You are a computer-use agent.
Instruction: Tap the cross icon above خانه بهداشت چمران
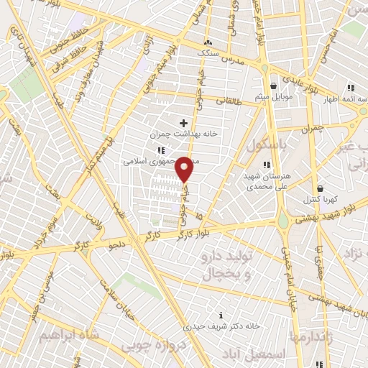point(183,123)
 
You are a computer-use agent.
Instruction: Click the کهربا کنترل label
point(314,198)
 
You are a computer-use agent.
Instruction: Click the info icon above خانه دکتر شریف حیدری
point(221,315)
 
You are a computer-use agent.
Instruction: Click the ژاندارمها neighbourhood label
point(310,336)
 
